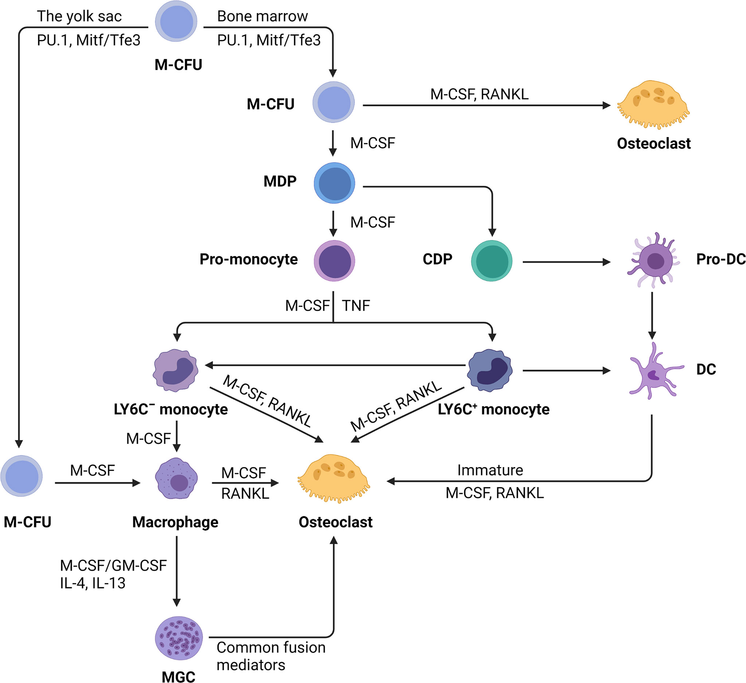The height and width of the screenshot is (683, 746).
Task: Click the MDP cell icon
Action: pos(334,183)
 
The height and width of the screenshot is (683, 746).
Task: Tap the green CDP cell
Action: pos(491,261)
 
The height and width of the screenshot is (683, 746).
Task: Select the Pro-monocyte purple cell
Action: pos(334,261)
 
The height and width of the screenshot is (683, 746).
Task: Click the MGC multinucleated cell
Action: pos(179,638)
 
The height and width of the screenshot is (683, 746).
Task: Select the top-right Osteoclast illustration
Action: pos(653,105)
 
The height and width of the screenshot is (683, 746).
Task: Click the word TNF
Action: pos(356,306)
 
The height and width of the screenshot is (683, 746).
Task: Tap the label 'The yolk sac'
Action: pos(79,16)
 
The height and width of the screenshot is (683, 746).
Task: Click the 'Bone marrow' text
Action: pos(262,16)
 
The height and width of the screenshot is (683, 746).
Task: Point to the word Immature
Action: pos(490,470)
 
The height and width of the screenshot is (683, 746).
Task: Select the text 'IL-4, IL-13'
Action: pos(93,583)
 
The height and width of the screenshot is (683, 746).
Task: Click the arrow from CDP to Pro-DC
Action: pos(566,262)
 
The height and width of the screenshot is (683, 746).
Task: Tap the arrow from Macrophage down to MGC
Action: pos(176,571)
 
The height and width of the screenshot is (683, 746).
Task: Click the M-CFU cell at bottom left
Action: pos(22,476)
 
